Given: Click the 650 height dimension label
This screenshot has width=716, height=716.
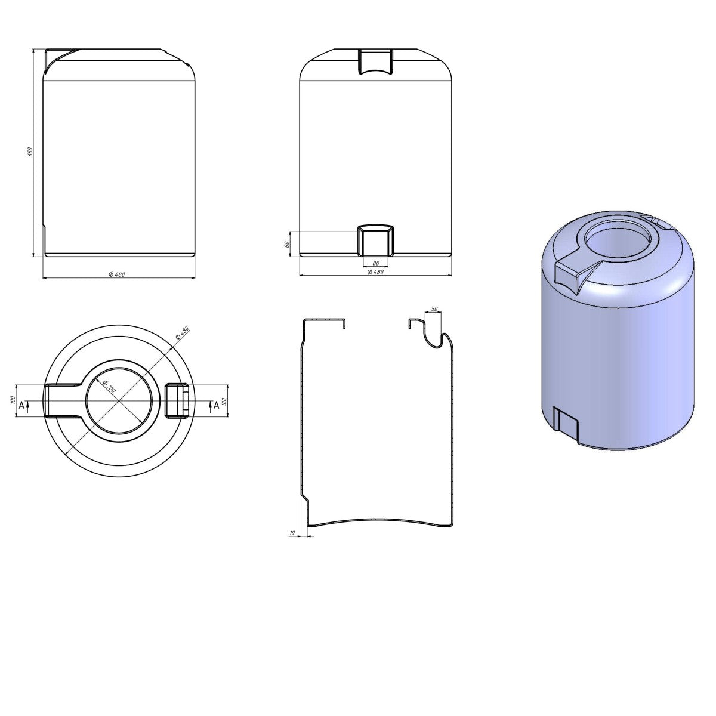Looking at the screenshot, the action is (30, 152).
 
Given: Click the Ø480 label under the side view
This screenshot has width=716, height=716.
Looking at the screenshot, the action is (117, 274).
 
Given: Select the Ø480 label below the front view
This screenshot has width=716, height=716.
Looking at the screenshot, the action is (375, 272).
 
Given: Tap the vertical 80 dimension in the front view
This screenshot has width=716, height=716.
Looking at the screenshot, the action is (286, 244).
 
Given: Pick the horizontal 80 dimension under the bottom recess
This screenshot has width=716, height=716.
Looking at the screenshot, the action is (376, 263).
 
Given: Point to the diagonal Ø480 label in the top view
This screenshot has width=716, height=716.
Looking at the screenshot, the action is (183, 332).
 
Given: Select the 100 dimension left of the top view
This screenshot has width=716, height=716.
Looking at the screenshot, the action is (13, 400).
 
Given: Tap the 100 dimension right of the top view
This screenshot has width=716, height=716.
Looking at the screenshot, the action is (224, 402).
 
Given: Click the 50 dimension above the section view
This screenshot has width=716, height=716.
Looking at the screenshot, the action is (434, 308).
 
